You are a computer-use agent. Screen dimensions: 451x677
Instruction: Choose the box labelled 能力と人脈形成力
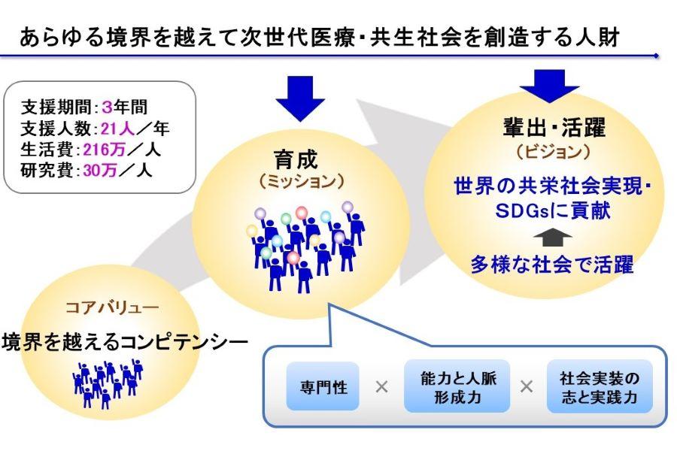(456, 388)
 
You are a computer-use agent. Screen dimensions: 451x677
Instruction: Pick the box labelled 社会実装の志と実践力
(599, 388)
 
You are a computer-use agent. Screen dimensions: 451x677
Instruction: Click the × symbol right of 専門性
(381, 389)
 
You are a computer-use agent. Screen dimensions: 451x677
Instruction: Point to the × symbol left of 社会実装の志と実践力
(527, 389)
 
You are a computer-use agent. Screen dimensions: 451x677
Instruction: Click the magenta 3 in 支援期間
(106, 107)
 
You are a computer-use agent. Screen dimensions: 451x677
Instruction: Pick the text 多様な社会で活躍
(553, 264)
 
